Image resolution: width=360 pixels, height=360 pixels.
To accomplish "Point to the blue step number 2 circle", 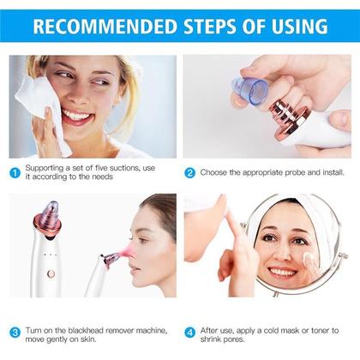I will tap(190, 172).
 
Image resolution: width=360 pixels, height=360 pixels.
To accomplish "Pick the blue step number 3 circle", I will tap(15, 332).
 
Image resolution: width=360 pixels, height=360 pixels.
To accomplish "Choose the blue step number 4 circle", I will tap(190, 332).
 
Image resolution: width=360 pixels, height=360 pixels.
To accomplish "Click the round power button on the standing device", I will tap(51, 273).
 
